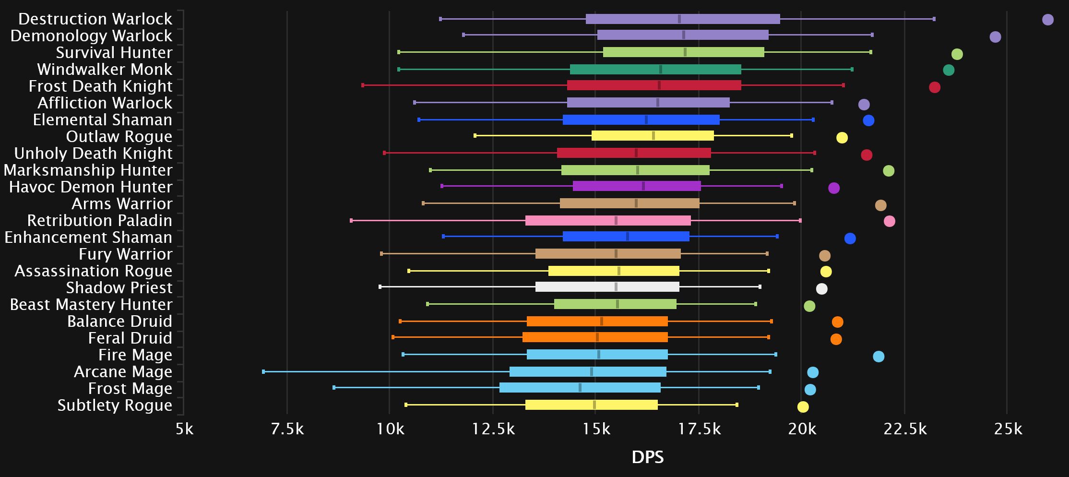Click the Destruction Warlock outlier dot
coord(1047,20)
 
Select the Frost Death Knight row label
coord(100,86)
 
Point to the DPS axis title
coord(647,457)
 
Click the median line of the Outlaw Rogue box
coord(653,136)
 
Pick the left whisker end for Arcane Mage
coord(263,371)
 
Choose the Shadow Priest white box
coord(607,287)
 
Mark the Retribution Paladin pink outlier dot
coord(889,221)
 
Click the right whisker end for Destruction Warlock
coord(934,19)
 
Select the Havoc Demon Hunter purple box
coord(636,186)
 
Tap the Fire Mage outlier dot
coord(878,357)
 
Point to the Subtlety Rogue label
coord(115,405)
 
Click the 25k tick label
coord(1008,429)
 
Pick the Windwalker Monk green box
coord(655,70)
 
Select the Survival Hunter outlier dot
coord(957,54)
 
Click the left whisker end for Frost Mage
coord(334,387)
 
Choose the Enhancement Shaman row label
coord(88,238)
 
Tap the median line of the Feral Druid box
coord(597,337)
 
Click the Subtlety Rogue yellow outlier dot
coord(803,407)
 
